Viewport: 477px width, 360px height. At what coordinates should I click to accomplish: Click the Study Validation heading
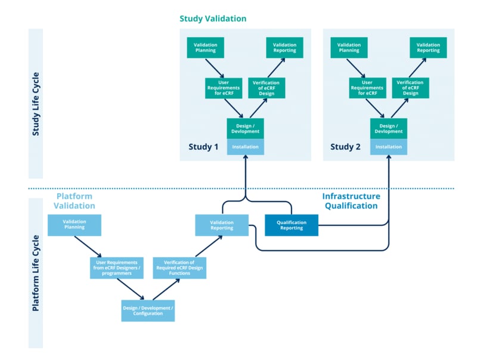(213, 18)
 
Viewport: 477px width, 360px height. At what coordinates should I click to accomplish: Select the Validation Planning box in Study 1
(206, 48)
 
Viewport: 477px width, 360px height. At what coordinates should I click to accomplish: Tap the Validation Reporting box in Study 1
(284, 48)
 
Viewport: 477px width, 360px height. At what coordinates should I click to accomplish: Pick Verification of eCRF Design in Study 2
(410, 88)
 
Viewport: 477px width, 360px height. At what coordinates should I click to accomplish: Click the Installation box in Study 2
(388, 147)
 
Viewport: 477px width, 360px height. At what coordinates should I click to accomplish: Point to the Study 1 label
(203, 147)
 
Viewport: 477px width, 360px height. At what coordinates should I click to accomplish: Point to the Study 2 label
(346, 147)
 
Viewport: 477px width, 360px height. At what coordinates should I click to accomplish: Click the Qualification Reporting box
(291, 225)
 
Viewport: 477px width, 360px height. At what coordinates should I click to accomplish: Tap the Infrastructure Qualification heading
(351, 201)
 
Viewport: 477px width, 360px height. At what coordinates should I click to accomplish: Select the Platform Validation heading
(76, 201)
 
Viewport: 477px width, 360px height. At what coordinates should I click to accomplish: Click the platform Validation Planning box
(75, 225)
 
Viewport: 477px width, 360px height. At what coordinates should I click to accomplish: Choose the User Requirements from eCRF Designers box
(117, 268)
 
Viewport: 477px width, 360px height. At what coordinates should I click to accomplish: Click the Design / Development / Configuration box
(148, 310)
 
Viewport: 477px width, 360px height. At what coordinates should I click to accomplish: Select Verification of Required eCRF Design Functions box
(179, 268)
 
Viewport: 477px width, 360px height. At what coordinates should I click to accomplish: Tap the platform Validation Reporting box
(221, 225)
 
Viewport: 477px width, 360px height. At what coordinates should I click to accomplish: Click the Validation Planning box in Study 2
(349, 48)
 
